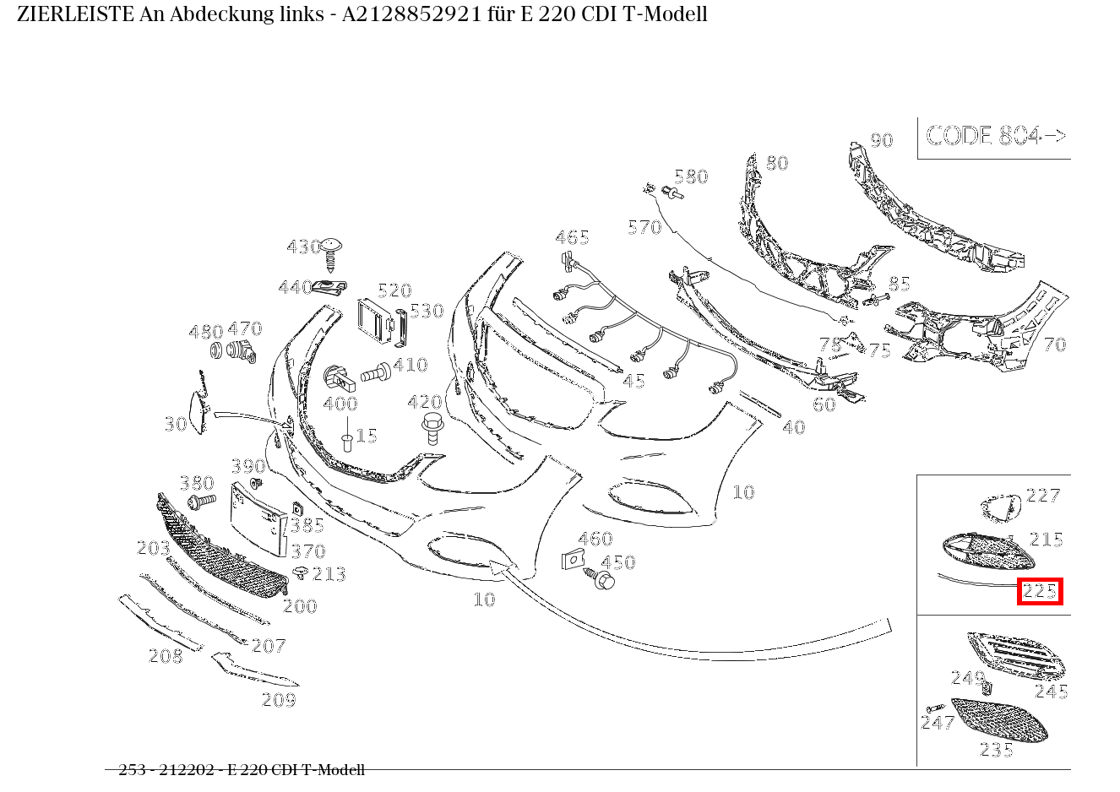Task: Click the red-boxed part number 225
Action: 1040,592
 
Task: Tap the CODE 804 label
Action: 995,136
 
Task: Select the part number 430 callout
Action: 302,247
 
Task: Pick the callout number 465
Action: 572,238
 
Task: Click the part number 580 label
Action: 691,176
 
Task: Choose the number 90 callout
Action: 881,141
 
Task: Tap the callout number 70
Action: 1054,344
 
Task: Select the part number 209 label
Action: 279,700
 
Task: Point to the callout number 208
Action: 166,656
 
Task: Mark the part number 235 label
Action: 997,750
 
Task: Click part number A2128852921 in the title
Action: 411,14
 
